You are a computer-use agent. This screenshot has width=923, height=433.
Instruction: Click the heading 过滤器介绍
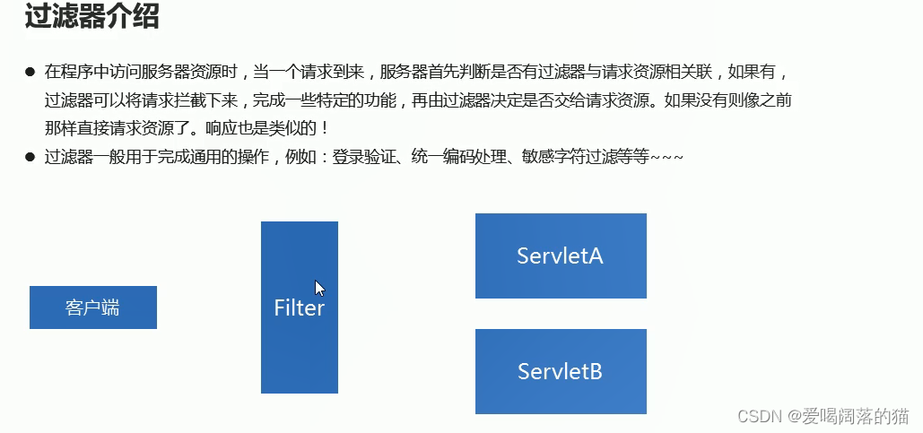[x=91, y=18]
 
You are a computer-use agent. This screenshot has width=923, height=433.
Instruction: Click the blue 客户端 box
[x=93, y=307]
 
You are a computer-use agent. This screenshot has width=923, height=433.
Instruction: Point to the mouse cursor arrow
[x=318, y=287]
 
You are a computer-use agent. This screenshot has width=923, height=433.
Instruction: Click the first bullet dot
[x=30, y=71]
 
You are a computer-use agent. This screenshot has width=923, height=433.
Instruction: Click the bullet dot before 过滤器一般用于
[x=30, y=157]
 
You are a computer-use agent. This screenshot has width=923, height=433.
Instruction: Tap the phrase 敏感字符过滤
[x=578, y=157]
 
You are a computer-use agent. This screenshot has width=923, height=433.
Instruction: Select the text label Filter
[x=299, y=308]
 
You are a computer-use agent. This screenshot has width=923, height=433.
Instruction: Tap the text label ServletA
[x=560, y=255]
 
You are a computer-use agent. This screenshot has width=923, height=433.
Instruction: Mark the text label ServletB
[x=560, y=371]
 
